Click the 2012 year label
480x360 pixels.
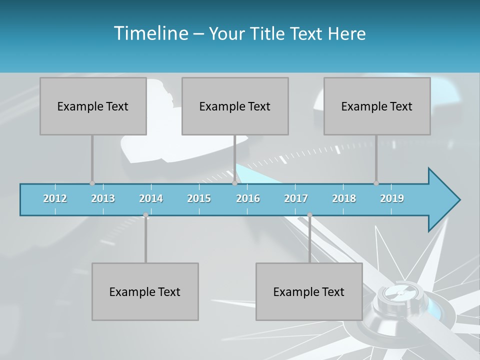(x=55, y=198)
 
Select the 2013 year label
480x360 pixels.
(x=103, y=198)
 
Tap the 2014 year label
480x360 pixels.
(x=151, y=198)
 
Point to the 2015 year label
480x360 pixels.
(x=199, y=198)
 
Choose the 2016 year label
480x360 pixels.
(x=248, y=198)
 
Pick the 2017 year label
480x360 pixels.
(x=296, y=198)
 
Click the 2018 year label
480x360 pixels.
(x=344, y=198)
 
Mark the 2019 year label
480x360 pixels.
(x=392, y=198)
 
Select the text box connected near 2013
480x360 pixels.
(x=93, y=106)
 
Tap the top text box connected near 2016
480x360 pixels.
(x=235, y=106)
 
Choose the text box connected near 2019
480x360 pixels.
(x=377, y=106)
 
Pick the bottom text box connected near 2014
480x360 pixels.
(x=145, y=291)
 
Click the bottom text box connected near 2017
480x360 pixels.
(x=309, y=291)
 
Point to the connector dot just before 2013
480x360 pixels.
(x=92, y=183)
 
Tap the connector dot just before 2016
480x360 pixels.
(x=234, y=183)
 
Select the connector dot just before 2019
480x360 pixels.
(x=376, y=183)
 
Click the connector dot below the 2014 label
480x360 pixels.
(x=145, y=215)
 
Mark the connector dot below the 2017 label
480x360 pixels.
(x=309, y=215)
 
